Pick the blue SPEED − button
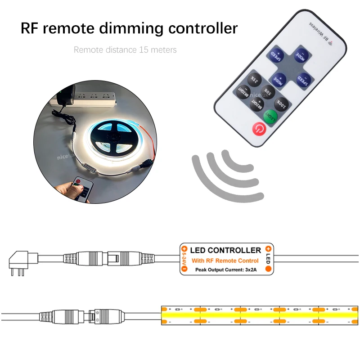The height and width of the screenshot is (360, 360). point(304,80)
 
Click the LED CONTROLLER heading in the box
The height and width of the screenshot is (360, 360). point(225,250)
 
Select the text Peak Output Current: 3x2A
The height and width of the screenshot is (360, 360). point(225,270)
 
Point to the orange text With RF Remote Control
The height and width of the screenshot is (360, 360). point(225,261)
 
